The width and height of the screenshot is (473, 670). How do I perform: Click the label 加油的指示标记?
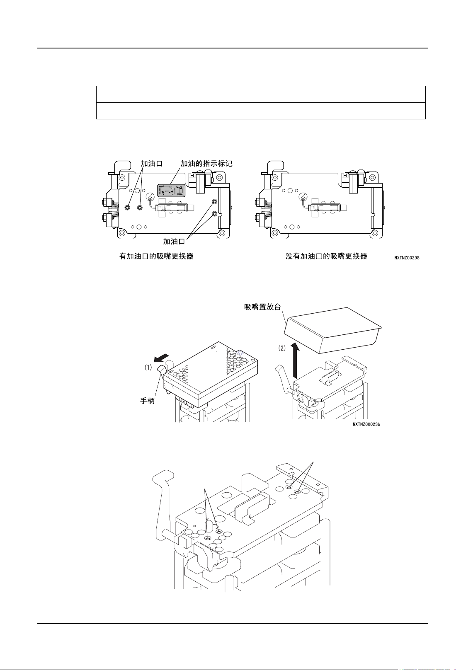(206, 164)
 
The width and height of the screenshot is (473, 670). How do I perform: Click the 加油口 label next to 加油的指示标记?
(151, 164)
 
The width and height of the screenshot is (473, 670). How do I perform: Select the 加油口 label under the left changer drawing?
(174, 242)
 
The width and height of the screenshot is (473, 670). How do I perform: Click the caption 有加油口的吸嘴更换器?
(156, 256)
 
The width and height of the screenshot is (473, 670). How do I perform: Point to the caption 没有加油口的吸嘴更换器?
(326, 256)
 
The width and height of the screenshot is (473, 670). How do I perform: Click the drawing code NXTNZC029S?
(407, 258)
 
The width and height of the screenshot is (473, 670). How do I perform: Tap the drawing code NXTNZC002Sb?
(366, 424)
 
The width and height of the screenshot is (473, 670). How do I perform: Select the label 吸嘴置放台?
(262, 307)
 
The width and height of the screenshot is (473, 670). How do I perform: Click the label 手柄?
(147, 401)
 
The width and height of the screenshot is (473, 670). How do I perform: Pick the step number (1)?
(148, 367)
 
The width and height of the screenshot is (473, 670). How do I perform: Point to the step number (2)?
(281, 348)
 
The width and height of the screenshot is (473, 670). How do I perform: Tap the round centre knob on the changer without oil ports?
(303, 197)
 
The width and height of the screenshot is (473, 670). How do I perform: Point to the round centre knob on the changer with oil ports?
(150, 197)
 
